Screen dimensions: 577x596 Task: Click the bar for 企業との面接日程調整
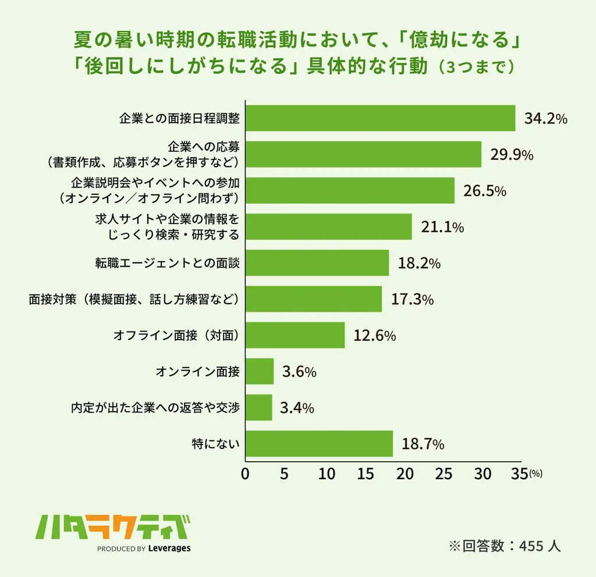380,118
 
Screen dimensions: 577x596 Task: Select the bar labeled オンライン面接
259,371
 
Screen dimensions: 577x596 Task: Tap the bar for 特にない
319,444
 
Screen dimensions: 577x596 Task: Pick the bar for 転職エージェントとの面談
317,263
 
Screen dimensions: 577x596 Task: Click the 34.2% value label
545,119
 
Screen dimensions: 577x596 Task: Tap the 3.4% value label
297,408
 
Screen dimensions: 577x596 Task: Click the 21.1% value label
442,227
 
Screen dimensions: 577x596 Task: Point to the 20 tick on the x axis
404,474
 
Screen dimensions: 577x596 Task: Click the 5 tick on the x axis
284,474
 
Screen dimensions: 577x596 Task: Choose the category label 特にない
216,444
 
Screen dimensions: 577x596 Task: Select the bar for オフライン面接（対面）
295,335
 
